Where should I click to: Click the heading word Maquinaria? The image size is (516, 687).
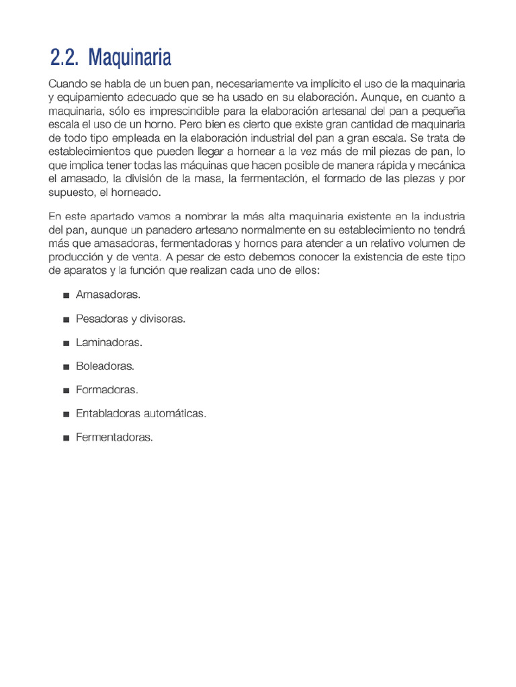coord(130,58)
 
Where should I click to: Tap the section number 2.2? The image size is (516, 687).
coord(64,58)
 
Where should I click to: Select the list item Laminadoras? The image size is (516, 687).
coord(109,343)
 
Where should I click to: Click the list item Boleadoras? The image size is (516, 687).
coord(105,366)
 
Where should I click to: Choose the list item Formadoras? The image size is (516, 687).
coord(107,390)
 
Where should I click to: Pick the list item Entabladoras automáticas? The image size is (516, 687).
coord(141,413)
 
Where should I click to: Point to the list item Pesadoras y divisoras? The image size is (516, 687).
coord(130,319)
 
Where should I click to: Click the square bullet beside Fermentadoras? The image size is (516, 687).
coord(66,438)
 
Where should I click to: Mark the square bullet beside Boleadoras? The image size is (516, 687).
coord(66,367)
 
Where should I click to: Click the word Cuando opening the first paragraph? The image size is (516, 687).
coord(67,84)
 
